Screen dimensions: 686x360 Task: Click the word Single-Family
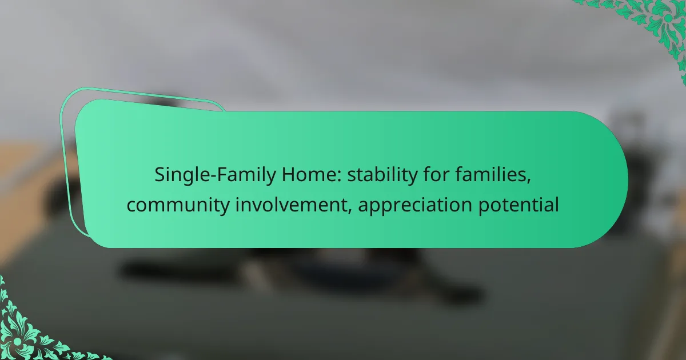point(216,175)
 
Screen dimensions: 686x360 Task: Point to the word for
point(437,174)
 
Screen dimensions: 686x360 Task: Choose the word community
point(178,205)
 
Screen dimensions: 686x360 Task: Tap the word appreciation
point(415,205)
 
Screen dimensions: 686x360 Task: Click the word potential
point(519,205)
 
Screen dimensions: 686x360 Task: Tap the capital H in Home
point(289,175)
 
